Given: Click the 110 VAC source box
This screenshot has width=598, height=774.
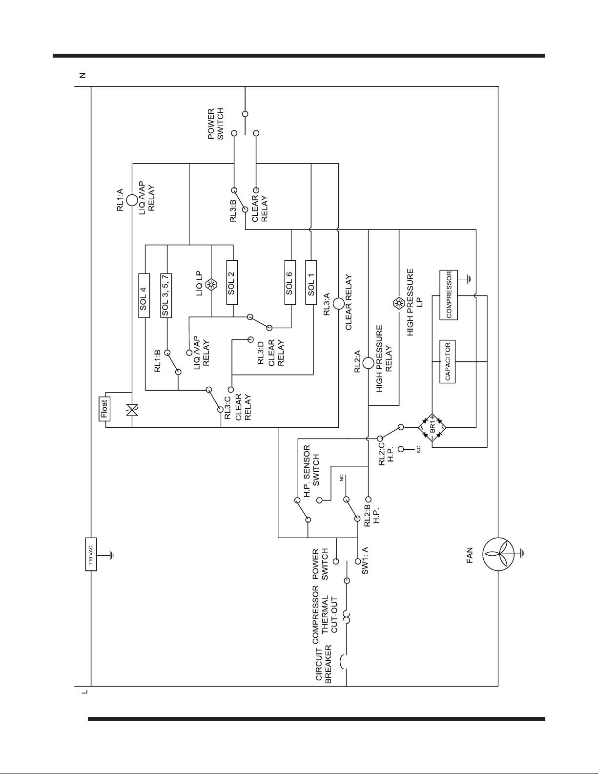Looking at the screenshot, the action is pos(91,554).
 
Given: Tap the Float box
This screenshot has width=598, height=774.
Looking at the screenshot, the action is pos(104,409).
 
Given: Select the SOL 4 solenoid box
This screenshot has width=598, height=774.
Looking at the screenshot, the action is pos(144,295).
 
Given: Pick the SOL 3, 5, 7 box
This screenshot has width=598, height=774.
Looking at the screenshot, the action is pos(166,295).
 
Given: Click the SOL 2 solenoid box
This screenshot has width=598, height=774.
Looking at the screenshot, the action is pos(232,282).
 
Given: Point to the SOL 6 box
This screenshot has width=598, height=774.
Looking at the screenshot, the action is pos(290,282).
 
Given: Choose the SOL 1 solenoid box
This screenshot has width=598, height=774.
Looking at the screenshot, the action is pos(311,282).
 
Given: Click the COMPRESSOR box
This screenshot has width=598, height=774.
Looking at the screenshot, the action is pos(449,295).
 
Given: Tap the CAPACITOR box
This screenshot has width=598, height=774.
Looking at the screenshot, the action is pos(448,361).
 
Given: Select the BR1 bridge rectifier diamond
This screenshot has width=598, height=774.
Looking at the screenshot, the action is pos(432,427).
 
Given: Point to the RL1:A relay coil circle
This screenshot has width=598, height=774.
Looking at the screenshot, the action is pos(132,200).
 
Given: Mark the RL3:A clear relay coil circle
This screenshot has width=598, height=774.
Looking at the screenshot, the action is pos(338,303).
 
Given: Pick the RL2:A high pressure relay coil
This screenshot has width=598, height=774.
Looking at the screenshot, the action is pos(368,363).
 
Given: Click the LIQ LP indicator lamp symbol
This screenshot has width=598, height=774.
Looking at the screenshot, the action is pos(211,285).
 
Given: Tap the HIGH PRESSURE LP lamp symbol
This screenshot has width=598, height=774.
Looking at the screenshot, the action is pos(399,303).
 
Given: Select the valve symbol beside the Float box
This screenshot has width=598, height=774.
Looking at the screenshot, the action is pos(132,410).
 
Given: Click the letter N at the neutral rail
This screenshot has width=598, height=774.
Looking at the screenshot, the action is pos(82,76).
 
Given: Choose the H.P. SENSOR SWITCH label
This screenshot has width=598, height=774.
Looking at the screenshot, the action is pos(311,471).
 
